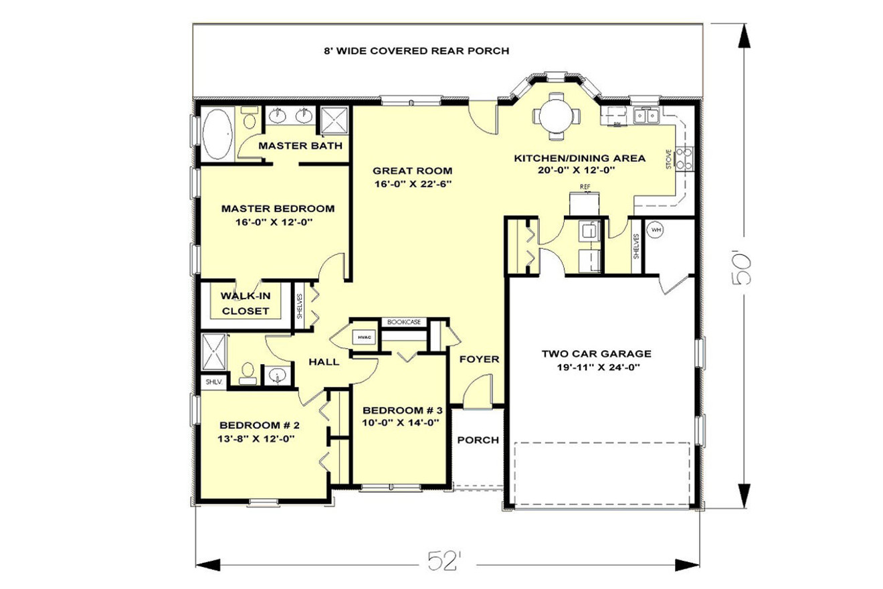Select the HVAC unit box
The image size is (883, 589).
coord(364,337)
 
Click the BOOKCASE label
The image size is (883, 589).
coord(405,322)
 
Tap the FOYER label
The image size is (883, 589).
coord(480,359)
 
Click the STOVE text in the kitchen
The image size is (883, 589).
coord(668,160)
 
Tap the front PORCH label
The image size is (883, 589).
coord(478,440)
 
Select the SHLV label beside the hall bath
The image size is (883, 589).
coord(213,382)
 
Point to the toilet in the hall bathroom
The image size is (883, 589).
coord(248,373)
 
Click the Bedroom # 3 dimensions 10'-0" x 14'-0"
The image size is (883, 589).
coord(401,422)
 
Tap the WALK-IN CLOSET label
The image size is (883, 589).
coord(246,303)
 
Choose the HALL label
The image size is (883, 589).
coord(324,361)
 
